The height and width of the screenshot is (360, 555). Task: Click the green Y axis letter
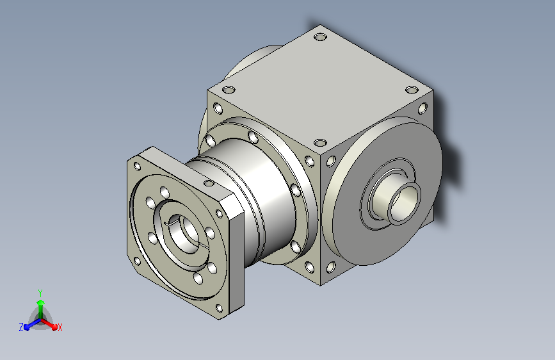[40, 293]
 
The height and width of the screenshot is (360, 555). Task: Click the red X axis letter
[60, 328]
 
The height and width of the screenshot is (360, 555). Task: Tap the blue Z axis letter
[21, 327]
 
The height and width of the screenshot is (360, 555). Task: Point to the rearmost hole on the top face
[320, 37]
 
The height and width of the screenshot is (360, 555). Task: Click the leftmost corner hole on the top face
[229, 89]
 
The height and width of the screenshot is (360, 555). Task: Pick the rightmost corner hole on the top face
[412, 89]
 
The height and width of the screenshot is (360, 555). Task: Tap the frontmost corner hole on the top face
[320, 143]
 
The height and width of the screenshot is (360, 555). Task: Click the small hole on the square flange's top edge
[209, 183]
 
